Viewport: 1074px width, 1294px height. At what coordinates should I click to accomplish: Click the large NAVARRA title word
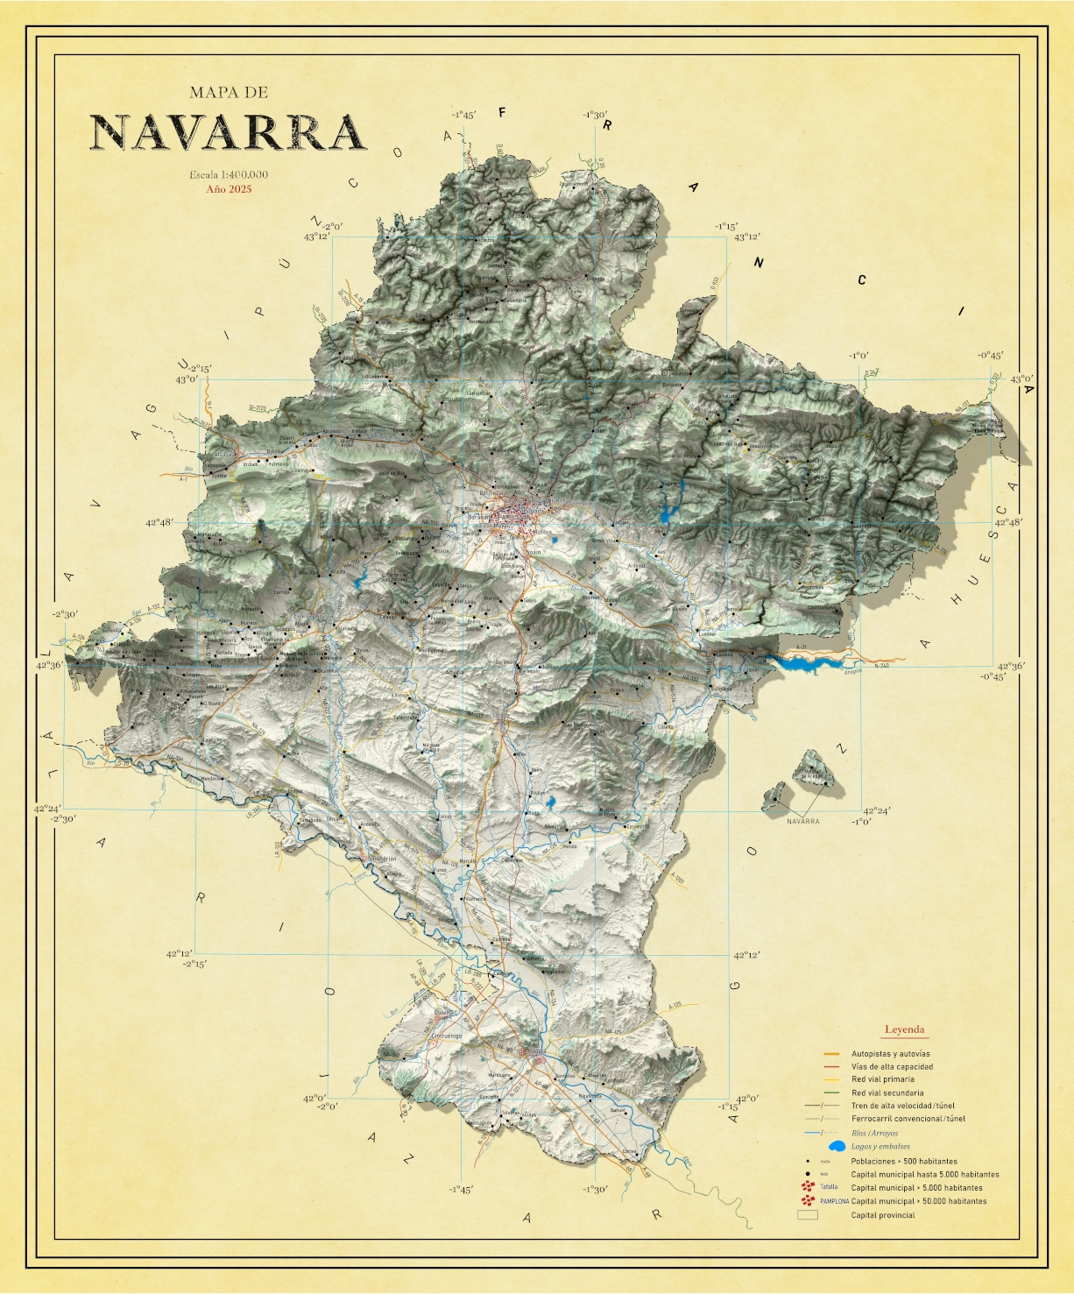pos(228,133)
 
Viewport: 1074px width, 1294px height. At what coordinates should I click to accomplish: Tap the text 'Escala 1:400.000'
pos(229,174)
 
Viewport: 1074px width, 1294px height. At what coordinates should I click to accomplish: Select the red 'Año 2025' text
pos(229,188)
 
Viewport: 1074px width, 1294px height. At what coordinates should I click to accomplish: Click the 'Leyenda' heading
pos(904,1029)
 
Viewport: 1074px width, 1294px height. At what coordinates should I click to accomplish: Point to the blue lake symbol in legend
pos(836,1146)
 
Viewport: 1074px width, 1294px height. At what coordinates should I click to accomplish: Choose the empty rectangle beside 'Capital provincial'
pos(807,1215)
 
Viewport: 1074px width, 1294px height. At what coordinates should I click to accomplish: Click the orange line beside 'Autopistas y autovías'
pos(831,1054)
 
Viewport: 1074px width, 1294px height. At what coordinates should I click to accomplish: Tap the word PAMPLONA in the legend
pos(834,1202)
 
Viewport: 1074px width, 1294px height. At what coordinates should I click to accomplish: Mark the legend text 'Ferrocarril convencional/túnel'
pos(908,1119)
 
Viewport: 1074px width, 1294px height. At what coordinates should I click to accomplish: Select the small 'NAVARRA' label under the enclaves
pos(802,822)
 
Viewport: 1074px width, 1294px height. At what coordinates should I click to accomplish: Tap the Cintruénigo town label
pos(446,1036)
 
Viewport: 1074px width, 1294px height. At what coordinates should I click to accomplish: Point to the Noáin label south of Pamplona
pos(534,552)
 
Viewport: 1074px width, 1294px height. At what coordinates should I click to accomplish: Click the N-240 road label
pos(881,666)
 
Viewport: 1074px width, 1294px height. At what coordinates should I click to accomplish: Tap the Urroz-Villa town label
pos(604,541)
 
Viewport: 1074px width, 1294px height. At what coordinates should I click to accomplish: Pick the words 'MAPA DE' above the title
pos(228,92)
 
